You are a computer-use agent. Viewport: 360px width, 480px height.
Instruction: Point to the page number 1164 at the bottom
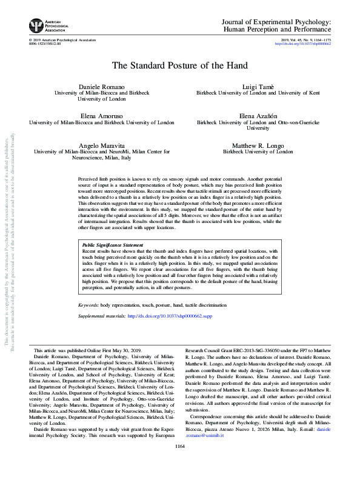click(x=179, y=463)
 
